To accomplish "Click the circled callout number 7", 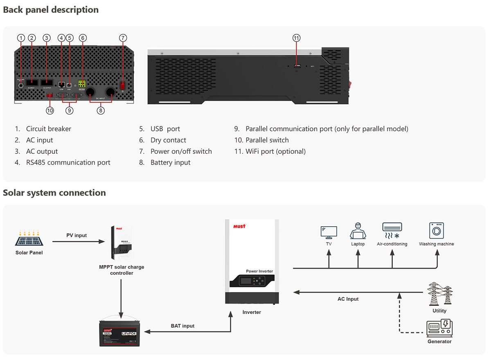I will tap(123, 38).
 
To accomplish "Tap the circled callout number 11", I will tap(297, 38).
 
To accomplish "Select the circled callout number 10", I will tap(50, 110).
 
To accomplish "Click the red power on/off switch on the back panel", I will tap(122, 85).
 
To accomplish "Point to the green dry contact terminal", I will tap(82, 84).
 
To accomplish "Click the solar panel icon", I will tap(29, 239).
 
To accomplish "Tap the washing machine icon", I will tap(436, 231).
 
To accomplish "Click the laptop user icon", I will tap(358, 231).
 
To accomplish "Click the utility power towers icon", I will tap(440, 294).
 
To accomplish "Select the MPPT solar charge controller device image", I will tap(122, 245).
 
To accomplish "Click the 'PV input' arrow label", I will tap(77, 235).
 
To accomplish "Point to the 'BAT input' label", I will tap(182, 326).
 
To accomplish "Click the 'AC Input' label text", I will tap(348, 299).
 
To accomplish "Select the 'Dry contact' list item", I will tap(168, 140).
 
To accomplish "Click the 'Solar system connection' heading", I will tap(54, 193).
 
